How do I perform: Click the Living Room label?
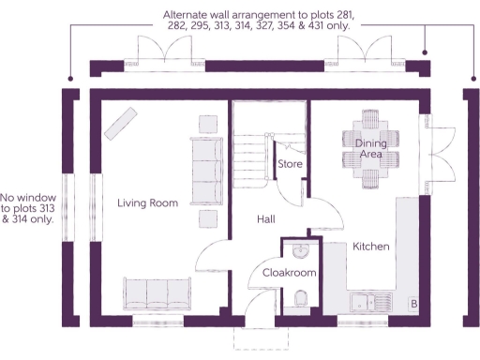pyautogui.click(x=147, y=202)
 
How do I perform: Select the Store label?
pyautogui.click(x=289, y=165)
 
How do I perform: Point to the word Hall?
pyautogui.click(x=266, y=218)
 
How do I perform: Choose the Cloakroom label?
pyautogui.click(x=289, y=273)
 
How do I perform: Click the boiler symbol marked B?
pyautogui.click(x=412, y=305)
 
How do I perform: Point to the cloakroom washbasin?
pyautogui.click(x=299, y=250)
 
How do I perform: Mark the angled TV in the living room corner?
pyautogui.click(x=118, y=122)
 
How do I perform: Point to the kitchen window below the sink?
pyautogui.click(x=361, y=322)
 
